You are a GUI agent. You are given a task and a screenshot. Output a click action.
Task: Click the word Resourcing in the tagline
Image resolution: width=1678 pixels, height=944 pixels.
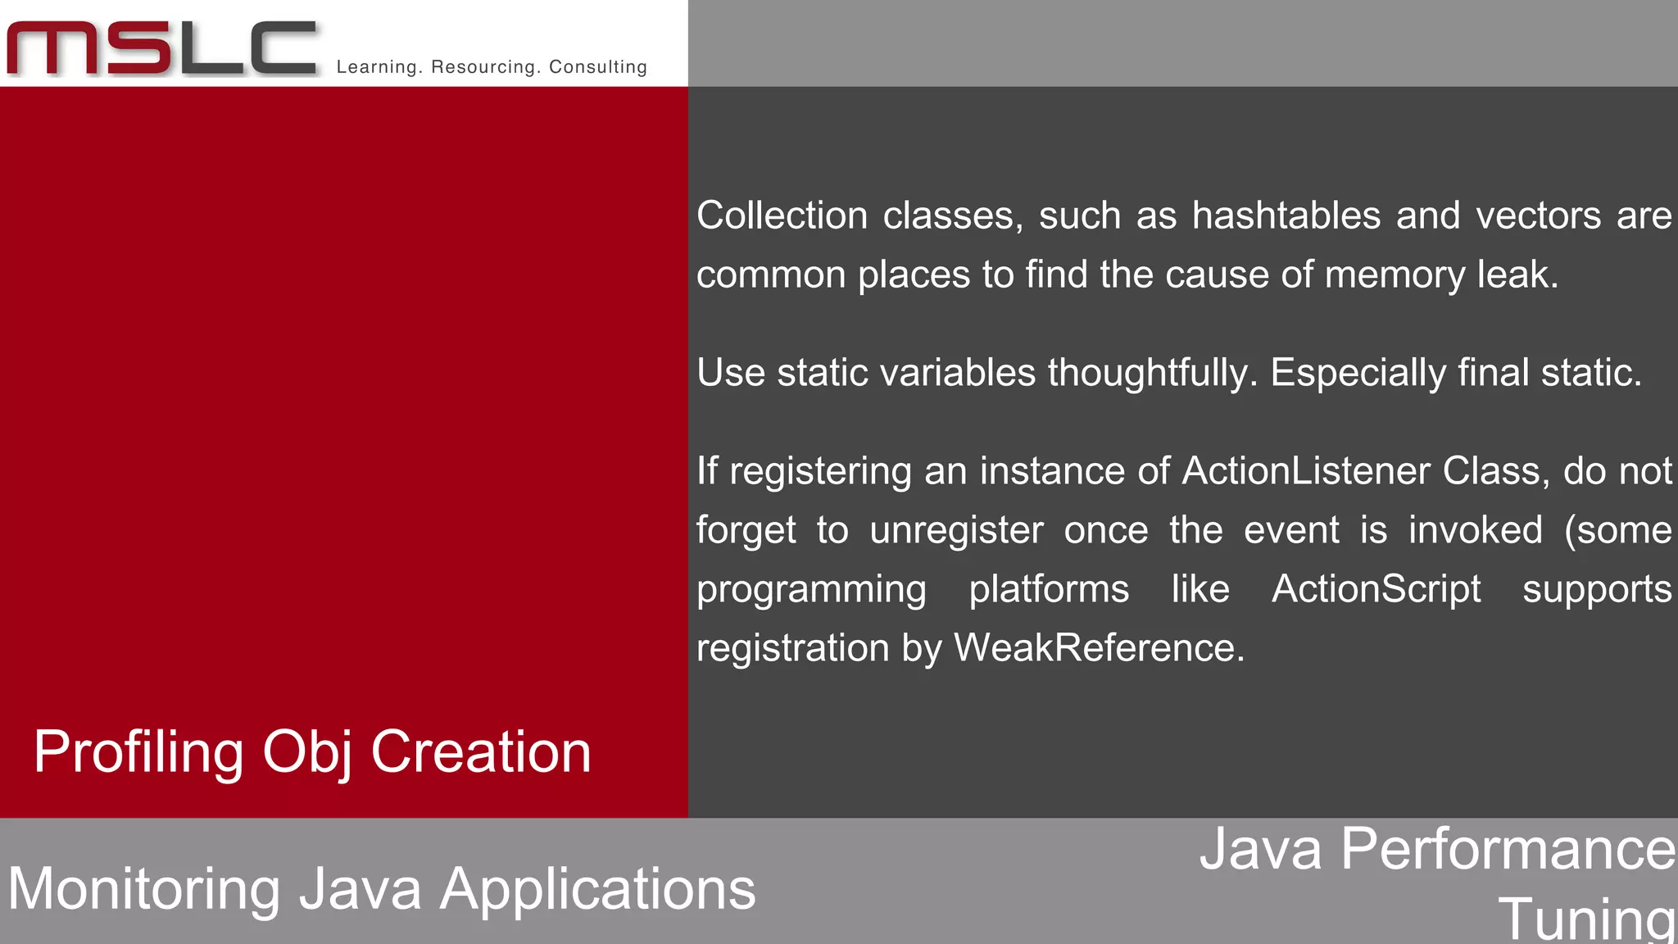482,67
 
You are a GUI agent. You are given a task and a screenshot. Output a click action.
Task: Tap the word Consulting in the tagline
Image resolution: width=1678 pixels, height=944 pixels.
598,67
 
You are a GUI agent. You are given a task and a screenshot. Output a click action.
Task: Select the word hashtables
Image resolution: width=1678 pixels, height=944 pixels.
1286,216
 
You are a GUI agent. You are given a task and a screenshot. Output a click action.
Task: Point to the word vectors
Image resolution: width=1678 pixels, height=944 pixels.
1538,216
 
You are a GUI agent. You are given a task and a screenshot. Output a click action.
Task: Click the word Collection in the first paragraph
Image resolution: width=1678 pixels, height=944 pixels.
782,216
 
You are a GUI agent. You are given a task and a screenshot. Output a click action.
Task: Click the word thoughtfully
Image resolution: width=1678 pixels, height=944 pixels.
1150,373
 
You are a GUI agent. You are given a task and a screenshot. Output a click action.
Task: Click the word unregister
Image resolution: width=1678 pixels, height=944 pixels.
956,530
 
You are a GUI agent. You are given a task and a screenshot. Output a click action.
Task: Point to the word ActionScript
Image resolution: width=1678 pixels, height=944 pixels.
1376,589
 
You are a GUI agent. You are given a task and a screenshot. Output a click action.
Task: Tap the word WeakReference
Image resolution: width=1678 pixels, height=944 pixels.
1098,648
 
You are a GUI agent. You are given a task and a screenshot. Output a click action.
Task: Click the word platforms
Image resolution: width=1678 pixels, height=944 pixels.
1049,589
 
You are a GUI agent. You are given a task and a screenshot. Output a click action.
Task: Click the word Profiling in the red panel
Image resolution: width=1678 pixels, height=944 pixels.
138,752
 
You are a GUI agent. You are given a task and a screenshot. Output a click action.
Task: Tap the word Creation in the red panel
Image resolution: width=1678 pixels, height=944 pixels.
481,752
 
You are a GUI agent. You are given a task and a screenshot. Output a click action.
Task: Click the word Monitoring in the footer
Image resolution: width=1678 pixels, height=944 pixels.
144,889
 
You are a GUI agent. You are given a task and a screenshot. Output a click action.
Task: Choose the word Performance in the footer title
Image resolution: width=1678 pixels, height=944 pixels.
1508,849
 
